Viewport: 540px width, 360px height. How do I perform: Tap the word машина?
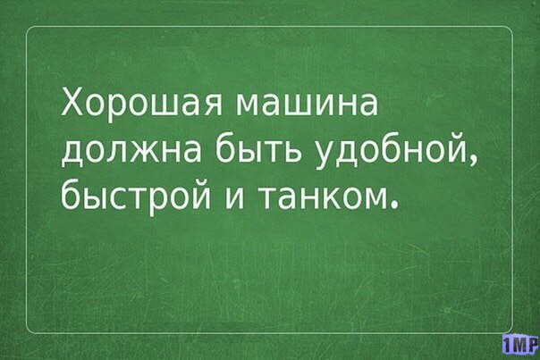307,105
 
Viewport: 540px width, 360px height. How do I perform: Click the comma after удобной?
474,161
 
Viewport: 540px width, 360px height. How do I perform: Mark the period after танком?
393,206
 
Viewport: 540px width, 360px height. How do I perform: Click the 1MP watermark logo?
520,343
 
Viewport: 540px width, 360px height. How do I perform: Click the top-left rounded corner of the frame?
29,29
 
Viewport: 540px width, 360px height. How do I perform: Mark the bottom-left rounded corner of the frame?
29,331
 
